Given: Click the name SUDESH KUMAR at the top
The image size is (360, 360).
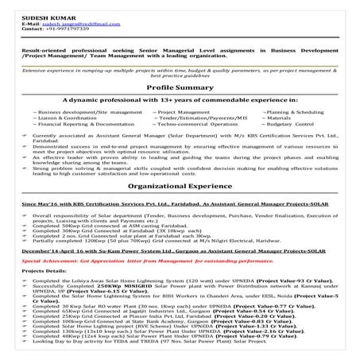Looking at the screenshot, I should pyautogui.click(x=31, y=7).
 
